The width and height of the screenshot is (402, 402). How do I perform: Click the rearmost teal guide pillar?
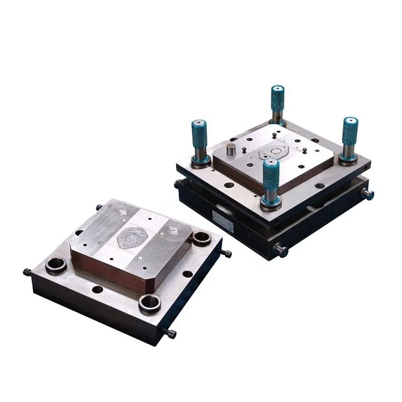pyautogui.click(x=277, y=99)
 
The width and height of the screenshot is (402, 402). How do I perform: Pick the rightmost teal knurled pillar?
pyautogui.click(x=349, y=131)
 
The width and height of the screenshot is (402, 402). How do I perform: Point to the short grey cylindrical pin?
pyautogui.click(x=230, y=149)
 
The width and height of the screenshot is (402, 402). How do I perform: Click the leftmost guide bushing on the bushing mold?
pyautogui.click(x=56, y=264)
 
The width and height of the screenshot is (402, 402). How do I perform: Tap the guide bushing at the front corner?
pyautogui.click(x=150, y=303)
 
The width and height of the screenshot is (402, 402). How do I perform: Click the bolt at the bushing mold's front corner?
pyautogui.click(x=171, y=334)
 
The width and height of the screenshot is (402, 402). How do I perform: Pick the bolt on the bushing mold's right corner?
pyautogui.click(x=227, y=253)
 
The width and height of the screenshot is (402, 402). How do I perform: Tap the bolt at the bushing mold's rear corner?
pyautogui.click(x=99, y=207)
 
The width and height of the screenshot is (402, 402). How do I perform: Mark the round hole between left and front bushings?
pyautogui.click(x=97, y=289)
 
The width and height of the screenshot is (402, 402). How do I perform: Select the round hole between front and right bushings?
pyautogui.click(x=188, y=273)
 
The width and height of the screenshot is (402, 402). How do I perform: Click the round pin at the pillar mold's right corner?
pyautogui.click(x=369, y=194)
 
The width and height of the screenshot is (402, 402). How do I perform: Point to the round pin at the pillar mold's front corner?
pyautogui.click(x=280, y=250)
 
